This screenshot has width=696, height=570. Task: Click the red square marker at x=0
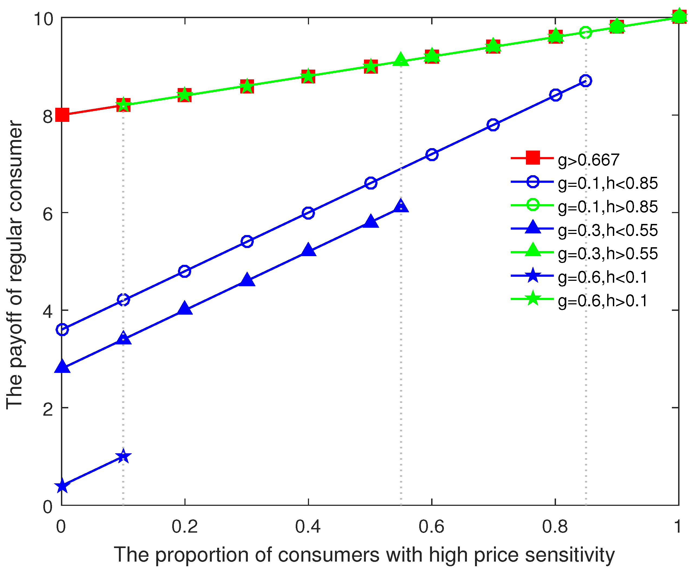pos(62,115)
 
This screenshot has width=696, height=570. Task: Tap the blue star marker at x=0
pos(62,486)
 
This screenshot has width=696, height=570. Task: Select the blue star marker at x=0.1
pos(123,456)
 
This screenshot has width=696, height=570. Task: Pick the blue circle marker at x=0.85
pos(586,81)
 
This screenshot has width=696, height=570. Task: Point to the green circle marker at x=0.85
pos(586,32)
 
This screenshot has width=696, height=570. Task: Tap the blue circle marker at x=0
pos(62,329)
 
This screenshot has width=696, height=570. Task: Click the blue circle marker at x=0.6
pos(432,154)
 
